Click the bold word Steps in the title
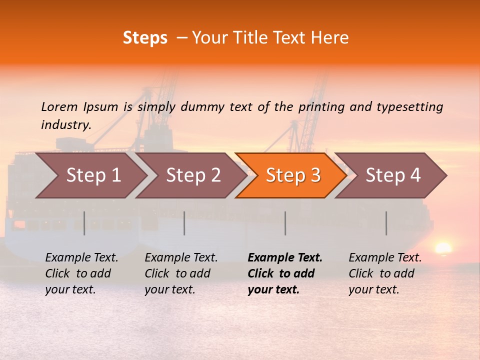(145, 38)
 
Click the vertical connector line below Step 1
(84, 223)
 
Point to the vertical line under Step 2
(184, 223)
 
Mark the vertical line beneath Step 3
(285, 223)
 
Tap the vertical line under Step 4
(386, 223)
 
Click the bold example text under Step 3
(284, 273)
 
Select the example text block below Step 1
(81, 273)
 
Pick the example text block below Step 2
(181, 273)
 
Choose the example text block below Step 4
(385, 273)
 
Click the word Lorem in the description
(59, 107)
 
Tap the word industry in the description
(66, 125)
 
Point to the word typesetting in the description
(409, 107)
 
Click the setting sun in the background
(443, 248)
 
